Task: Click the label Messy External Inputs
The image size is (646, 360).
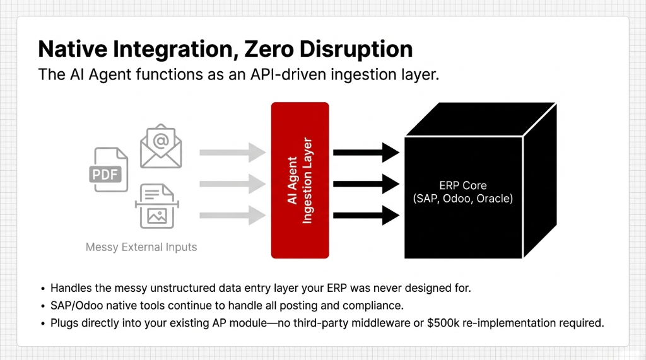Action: [141, 247]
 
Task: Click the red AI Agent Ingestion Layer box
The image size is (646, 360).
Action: [300, 180]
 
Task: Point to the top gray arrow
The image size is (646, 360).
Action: [232, 152]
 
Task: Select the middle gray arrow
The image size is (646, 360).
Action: [232, 184]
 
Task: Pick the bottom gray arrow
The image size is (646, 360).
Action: [232, 216]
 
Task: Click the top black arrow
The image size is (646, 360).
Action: [366, 152]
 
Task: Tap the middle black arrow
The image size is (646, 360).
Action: [366, 184]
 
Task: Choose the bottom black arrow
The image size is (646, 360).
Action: [366, 216]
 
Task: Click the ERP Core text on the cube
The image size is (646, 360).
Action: [462, 186]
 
